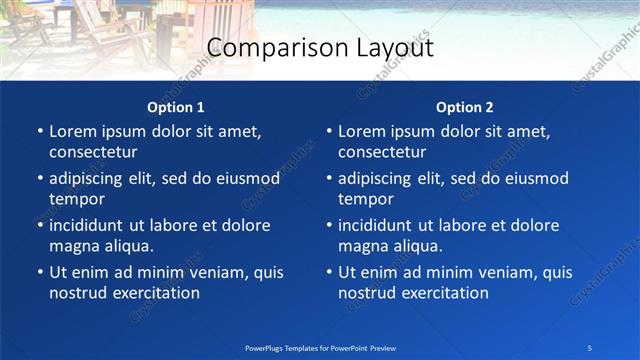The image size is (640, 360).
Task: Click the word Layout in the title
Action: click(393, 47)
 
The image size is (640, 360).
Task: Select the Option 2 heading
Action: click(465, 107)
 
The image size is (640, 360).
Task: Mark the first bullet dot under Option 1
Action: click(39, 132)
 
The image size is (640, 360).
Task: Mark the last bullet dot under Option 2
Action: click(328, 272)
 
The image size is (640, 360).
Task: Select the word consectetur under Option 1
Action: click(93, 153)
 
